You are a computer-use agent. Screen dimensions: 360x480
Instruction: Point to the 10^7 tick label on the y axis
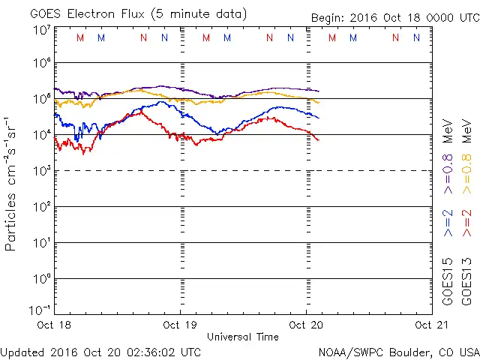(x=40, y=30)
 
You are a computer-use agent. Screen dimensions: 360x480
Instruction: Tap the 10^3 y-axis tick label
(x=40, y=170)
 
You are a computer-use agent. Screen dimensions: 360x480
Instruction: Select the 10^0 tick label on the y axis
(x=40, y=278)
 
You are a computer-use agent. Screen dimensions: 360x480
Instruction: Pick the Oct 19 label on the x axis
(x=179, y=325)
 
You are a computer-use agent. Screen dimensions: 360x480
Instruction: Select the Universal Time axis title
(x=242, y=337)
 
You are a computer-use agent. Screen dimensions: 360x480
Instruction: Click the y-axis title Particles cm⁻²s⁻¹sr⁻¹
(x=11, y=183)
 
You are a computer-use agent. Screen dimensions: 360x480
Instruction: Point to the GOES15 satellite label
(x=448, y=280)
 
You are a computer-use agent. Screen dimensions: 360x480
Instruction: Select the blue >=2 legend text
(x=448, y=223)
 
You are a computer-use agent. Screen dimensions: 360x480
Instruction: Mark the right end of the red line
(x=318, y=140)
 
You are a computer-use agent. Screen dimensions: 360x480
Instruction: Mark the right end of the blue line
(x=318, y=118)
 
